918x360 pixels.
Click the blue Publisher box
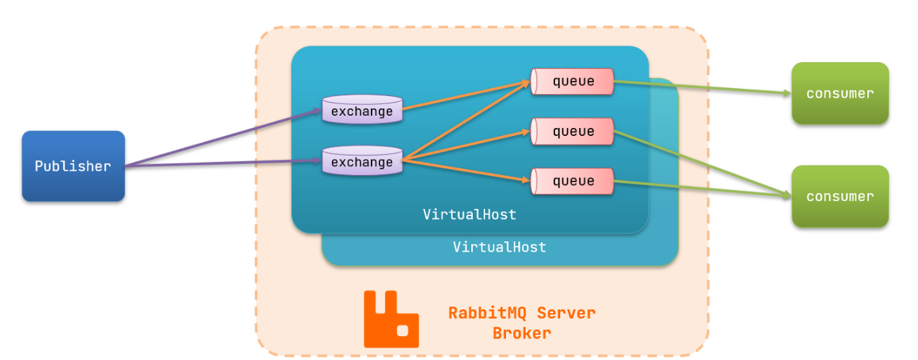73,166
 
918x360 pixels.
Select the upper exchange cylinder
361,111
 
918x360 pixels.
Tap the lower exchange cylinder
361,162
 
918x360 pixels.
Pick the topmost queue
572,82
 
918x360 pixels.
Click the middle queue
572,132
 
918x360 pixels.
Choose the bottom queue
572,181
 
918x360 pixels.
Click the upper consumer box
840,93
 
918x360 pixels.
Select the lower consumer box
840,197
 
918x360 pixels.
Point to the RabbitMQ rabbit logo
390,319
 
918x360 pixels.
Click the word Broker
522,333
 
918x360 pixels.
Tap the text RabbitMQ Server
522,313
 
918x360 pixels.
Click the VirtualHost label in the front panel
470,215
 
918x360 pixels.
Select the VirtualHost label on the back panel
499,247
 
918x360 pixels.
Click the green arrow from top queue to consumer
701,87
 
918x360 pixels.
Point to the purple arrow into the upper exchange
224,138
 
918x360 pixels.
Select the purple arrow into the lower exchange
224,165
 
